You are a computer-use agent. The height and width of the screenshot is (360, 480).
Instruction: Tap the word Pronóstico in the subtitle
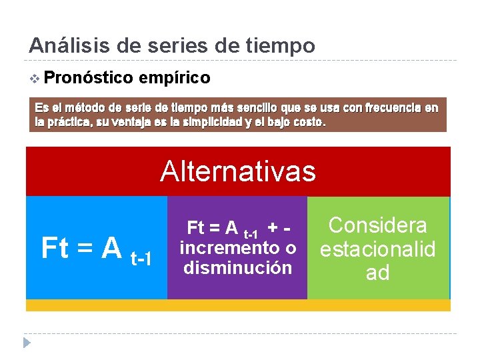coord(90,78)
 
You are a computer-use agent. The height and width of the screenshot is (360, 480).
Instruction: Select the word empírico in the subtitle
coord(175,78)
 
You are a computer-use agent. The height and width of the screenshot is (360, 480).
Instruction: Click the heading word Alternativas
coord(237,171)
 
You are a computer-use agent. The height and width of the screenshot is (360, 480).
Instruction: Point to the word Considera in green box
coord(377,225)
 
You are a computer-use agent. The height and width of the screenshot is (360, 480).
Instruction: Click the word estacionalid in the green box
coord(377,249)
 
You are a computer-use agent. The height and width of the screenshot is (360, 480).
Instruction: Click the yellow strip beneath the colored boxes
coord(238,305)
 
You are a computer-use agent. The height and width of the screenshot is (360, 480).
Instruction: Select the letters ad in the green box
coord(377,273)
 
